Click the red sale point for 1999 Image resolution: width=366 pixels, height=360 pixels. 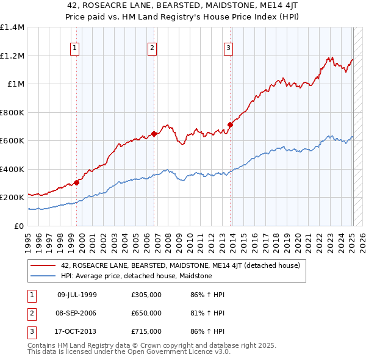click(x=77, y=182)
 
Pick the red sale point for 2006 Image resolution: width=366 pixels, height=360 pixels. click(x=154, y=134)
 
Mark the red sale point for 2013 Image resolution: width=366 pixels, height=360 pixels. click(x=231, y=124)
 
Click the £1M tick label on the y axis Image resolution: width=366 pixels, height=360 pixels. click(x=16, y=84)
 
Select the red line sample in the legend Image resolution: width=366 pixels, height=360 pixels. click(x=43, y=266)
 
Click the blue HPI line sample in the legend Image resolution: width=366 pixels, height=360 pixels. click(x=43, y=276)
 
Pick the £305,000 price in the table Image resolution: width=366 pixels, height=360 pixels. click(x=146, y=295)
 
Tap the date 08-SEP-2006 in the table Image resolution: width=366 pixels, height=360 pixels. click(x=77, y=313)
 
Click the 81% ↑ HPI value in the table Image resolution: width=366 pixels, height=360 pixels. click(x=199, y=313)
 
